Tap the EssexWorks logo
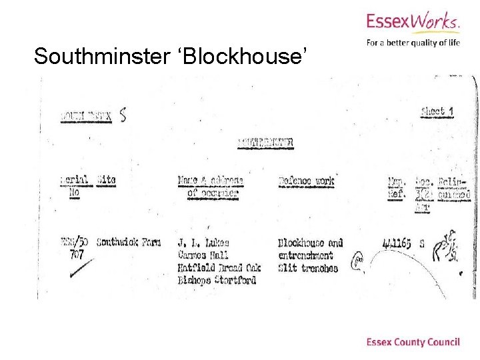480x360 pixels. (x=413, y=24)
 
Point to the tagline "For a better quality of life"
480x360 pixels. (x=413, y=43)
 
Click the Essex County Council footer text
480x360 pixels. (x=413, y=342)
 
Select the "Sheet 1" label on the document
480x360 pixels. (x=437, y=111)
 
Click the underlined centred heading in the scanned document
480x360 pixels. (x=265, y=142)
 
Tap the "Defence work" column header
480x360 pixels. (x=306, y=181)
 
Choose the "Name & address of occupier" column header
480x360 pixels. (x=211, y=187)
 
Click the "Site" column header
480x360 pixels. (x=106, y=181)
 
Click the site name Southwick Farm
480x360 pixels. (x=129, y=242)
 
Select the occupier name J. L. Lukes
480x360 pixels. (x=203, y=243)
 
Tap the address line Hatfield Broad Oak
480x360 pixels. (x=219, y=268)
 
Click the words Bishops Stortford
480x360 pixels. (x=217, y=281)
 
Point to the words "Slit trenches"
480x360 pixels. (x=308, y=268)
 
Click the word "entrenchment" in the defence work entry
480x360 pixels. (x=305, y=255)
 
